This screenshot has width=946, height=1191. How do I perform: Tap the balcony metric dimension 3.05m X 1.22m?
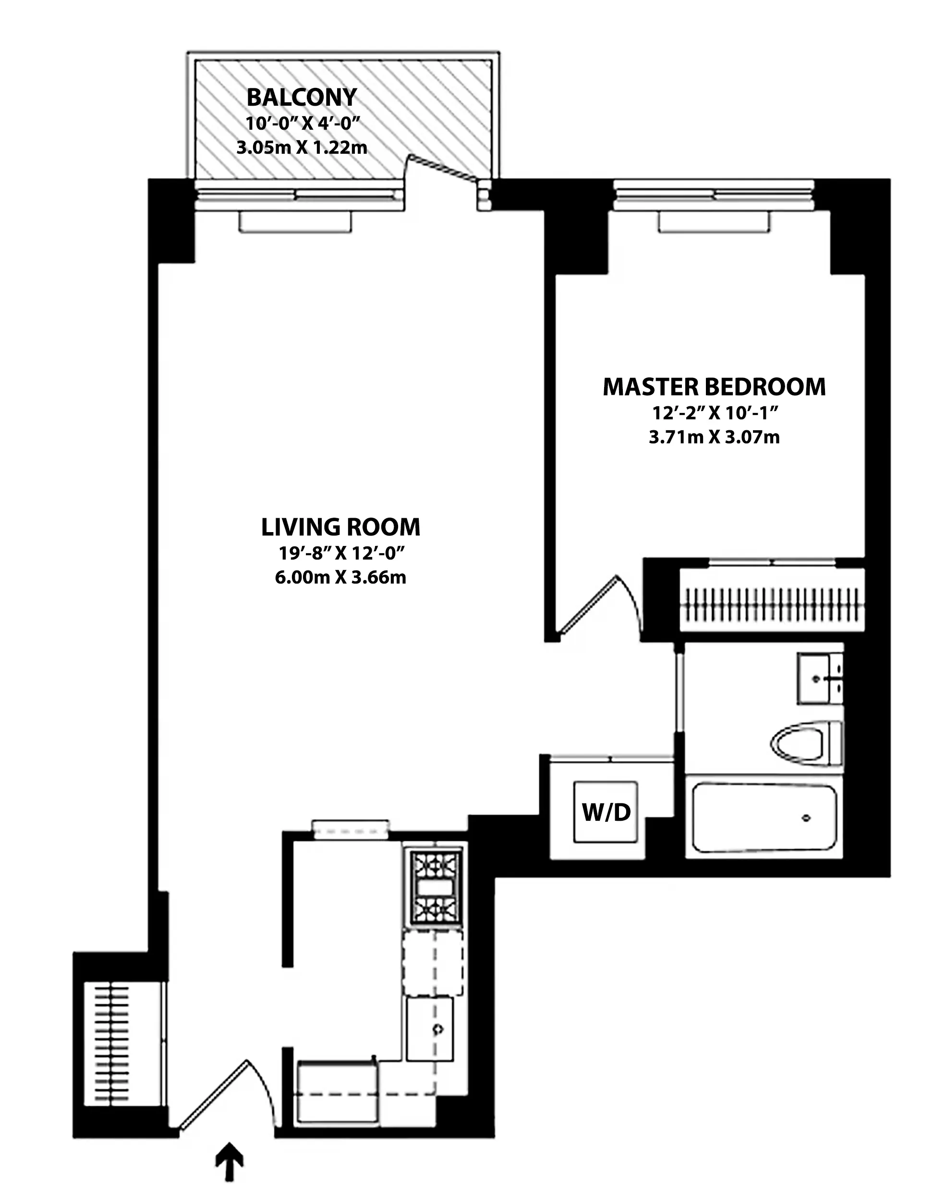(302, 147)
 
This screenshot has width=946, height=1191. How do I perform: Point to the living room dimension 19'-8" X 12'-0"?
(341, 552)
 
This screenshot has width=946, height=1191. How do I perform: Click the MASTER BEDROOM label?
(714, 387)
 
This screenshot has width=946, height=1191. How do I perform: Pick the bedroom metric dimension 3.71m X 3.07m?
(714, 438)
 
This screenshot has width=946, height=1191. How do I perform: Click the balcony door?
(442, 169)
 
